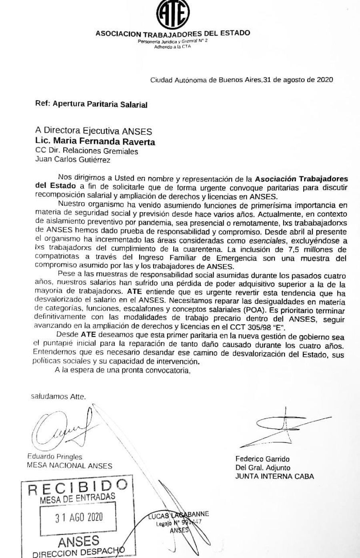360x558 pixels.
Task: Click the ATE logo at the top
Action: point(172,14)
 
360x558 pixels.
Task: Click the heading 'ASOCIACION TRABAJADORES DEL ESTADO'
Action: point(173,34)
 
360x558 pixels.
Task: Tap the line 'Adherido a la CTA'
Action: point(172,47)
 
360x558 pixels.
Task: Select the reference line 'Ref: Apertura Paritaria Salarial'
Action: point(91,105)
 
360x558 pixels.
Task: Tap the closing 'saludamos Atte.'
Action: point(58,397)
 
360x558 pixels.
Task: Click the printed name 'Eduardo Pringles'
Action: point(54,456)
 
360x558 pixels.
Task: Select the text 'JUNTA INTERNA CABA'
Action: point(274,476)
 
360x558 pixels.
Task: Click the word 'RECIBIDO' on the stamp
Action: point(78,488)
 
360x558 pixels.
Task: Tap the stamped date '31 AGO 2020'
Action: point(79,517)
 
